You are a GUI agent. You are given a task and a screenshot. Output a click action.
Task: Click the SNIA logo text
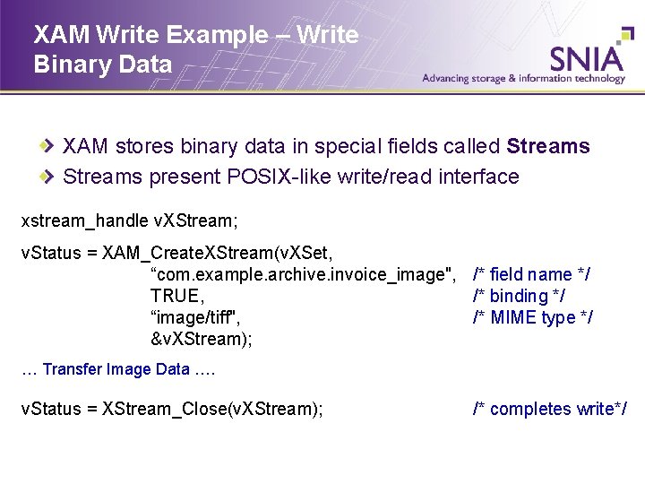tap(586, 58)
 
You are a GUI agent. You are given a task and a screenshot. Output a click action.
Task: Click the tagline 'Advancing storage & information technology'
tap(524, 79)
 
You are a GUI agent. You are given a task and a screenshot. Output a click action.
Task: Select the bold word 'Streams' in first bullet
tap(548, 147)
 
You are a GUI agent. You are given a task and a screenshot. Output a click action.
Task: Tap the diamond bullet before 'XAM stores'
tap(51, 147)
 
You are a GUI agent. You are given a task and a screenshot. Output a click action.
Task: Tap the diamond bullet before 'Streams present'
tap(51, 177)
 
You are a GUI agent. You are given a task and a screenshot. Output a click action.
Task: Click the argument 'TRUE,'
tap(177, 296)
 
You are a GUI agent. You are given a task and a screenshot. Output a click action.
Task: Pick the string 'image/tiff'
tap(196, 317)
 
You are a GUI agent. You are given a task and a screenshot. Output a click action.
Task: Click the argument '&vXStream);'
tap(202, 339)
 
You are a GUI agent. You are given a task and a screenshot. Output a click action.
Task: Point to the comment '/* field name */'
tap(531, 274)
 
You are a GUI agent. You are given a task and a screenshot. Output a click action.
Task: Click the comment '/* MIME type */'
tap(532, 317)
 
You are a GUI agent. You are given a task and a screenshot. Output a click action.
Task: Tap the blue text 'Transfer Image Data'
tap(116, 369)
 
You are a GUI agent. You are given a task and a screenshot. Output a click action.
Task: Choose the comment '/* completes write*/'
tap(550, 409)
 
